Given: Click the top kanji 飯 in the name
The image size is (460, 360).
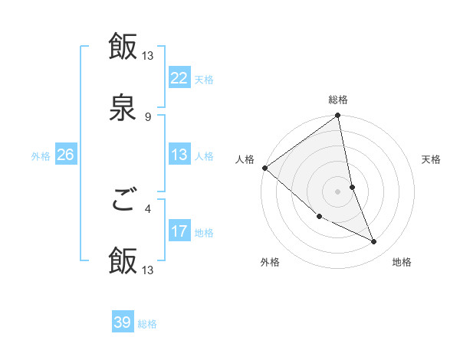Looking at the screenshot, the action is [x=123, y=46].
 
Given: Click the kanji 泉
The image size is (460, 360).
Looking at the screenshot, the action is [x=123, y=108].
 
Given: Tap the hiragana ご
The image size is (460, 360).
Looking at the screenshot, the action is [x=123, y=201].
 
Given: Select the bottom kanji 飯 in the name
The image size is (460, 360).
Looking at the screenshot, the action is [x=123, y=261].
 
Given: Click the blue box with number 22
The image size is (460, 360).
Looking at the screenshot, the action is [x=179, y=77].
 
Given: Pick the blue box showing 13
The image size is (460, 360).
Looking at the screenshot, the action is [x=179, y=155].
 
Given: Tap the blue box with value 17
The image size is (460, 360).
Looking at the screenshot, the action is [x=179, y=231].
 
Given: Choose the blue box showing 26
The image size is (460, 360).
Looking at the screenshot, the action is [x=65, y=155].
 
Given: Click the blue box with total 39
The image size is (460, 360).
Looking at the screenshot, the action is [x=123, y=322].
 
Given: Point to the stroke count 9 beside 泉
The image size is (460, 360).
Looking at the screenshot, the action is [x=148, y=116].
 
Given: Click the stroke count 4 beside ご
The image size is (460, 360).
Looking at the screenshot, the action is [x=148, y=208].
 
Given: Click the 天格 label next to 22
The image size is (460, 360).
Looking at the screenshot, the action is [x=204, y=79].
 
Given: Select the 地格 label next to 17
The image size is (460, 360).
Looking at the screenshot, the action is [x=204, y=233].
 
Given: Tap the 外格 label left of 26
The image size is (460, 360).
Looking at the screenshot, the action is [x=41, y=156].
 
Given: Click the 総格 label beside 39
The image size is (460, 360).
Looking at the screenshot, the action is [x=147, y=324].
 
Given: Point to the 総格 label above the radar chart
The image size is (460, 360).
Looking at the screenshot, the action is [x=338, y=100].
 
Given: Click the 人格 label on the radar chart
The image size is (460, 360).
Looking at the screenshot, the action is [x=245, y=159].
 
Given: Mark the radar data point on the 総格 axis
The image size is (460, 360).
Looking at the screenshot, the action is [x=338, y=116].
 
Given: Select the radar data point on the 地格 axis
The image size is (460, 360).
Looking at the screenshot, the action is [x=374, y=242].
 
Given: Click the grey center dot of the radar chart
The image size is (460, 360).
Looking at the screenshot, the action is [x=338, y=191].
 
